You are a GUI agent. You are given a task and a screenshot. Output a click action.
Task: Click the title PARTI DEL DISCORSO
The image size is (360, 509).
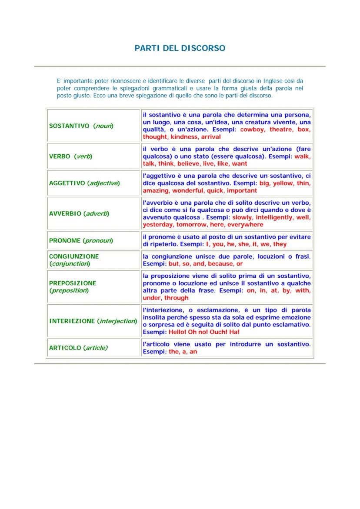(180, 48)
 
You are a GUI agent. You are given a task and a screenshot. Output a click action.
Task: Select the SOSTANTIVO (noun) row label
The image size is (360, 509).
(81, 126)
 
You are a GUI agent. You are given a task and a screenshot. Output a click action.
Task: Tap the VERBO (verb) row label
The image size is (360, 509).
(70, 156)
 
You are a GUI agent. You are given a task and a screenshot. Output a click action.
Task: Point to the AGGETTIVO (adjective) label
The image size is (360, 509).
(84, 183)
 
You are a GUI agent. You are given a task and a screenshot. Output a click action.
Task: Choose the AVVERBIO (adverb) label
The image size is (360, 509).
(79, 214)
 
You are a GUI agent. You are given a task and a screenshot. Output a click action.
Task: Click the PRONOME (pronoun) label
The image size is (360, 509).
(81, 240)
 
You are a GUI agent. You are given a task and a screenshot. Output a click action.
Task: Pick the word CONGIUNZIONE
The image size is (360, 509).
(74, 256)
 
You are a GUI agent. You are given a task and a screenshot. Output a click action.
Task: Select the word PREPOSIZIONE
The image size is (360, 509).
(73, 283)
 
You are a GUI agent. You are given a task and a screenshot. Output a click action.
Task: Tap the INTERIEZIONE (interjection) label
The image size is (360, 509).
(93, 321)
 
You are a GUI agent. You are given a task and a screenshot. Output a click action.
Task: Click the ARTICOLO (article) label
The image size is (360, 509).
(78, 348)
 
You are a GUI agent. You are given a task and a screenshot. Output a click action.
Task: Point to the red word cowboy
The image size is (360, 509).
(253, 130)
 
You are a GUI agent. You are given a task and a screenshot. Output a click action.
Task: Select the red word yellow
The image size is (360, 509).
(283, 183)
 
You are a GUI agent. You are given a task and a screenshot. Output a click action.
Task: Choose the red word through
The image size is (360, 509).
(177, 298)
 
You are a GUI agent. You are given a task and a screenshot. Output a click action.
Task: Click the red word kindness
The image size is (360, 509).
(184, 137)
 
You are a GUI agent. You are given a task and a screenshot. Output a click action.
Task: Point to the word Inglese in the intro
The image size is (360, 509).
(273, 81)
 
